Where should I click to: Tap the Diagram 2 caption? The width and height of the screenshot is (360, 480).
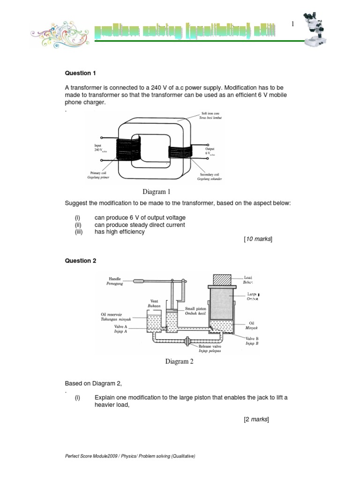pos(179,361)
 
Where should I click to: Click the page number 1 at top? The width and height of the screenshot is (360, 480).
pos(292,24)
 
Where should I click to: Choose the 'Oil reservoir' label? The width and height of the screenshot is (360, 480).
pos(114,314)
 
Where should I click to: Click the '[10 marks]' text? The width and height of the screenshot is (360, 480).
pos(257,239)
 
